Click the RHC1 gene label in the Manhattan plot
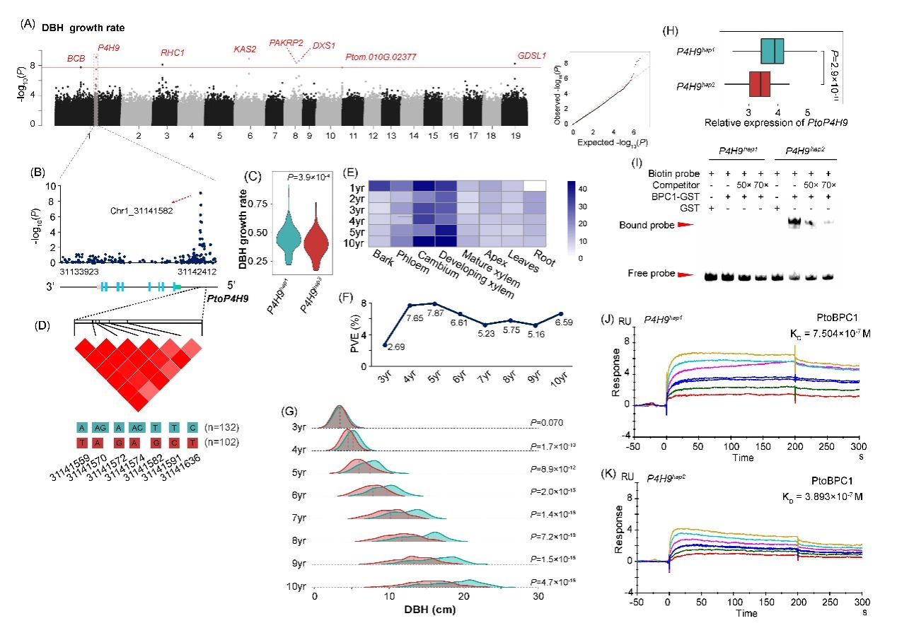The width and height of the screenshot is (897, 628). pos(173,52)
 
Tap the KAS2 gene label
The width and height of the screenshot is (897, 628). pos(245,49)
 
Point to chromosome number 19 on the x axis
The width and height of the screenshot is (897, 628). pos(516,134)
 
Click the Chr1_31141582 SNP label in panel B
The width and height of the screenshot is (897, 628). pos(140,210)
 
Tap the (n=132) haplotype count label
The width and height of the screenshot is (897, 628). pos(221,428)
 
